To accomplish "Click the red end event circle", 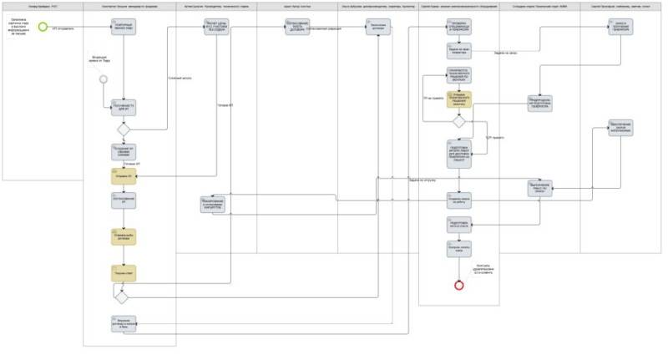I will coord(458,285).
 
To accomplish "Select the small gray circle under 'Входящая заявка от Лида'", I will coord(104,79).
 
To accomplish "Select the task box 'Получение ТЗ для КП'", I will coord(124,108).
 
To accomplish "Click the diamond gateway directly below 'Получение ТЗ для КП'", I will coord(124,129).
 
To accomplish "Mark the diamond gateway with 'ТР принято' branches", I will coord(458,121).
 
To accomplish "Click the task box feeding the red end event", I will coord(458,249).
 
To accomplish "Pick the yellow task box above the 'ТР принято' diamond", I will coord(458,99).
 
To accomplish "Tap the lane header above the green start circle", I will coord(42,7).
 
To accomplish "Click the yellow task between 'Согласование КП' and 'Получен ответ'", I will coord(124,236).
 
